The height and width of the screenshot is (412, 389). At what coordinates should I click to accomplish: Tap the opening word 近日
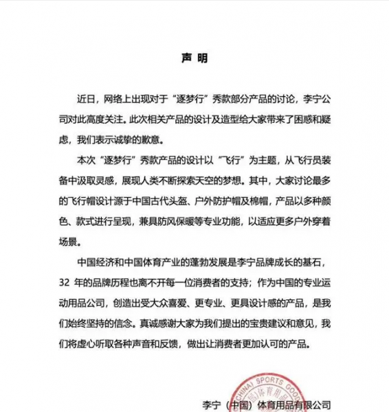(89, 97)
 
